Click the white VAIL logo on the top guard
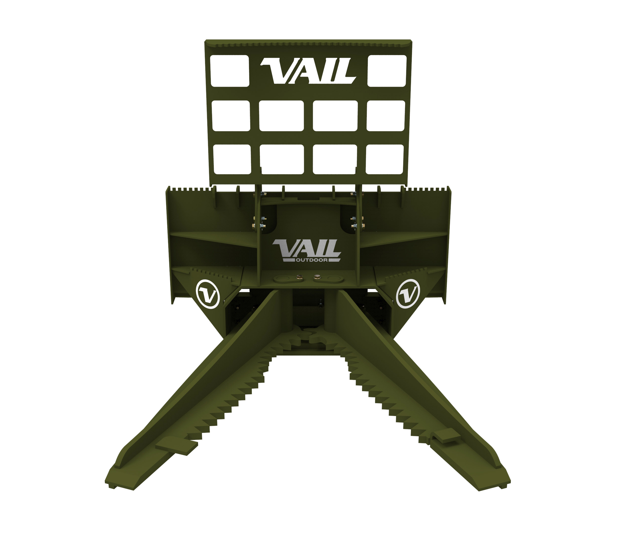[308, 71]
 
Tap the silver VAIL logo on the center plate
[306, 248]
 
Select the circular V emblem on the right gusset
[408, 293]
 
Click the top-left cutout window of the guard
[230, 71]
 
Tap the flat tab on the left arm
[176, 447]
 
